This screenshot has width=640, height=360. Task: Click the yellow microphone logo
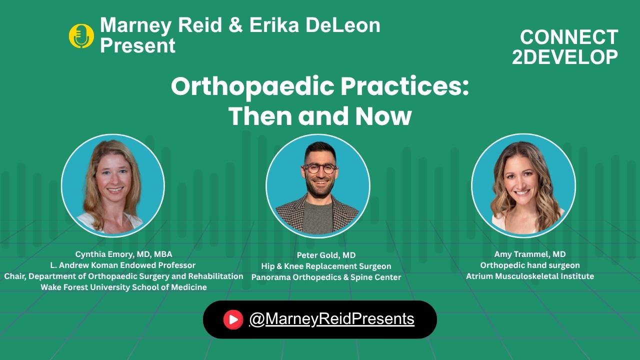click(81, 35)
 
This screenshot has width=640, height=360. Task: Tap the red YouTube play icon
click(233, 319)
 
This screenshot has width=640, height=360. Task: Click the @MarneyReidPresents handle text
click(331, 319)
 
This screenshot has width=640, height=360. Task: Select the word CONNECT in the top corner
click(569, 37)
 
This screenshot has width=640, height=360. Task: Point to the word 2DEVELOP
click(565, 57)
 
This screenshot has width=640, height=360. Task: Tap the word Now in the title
click(383, 116)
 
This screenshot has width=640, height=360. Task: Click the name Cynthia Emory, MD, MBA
click(123, 254)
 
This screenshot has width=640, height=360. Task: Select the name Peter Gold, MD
click(326, 255)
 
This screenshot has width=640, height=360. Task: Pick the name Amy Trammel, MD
click(530, 254)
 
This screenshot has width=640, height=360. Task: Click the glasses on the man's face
click(320, 168)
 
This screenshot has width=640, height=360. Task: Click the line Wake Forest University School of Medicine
click(123, 287)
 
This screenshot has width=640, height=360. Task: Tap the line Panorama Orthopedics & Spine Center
click(326, 277)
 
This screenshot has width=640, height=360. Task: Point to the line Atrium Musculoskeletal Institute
click(530, 276)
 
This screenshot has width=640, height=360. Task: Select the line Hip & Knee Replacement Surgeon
click(326, 266)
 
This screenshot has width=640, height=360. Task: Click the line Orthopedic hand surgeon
click(530, 265)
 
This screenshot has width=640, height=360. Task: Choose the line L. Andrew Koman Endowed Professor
click(123, 265)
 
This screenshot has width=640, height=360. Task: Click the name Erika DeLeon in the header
click(315, 25)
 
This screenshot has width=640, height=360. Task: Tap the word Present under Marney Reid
click(137, 45)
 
